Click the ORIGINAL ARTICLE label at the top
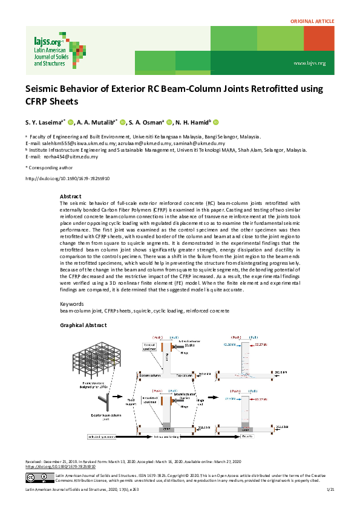[313, 21]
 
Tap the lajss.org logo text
[47, 42]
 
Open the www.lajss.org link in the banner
[309, 63]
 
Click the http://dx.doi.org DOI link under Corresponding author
[67, 179]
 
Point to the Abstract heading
[71, 197]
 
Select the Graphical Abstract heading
[85, 325]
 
